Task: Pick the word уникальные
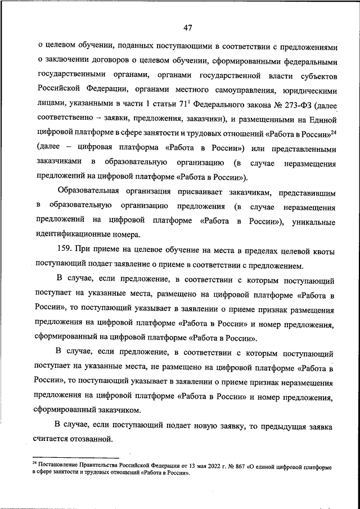click(313, 222)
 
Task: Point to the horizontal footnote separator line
click(76, 458)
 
